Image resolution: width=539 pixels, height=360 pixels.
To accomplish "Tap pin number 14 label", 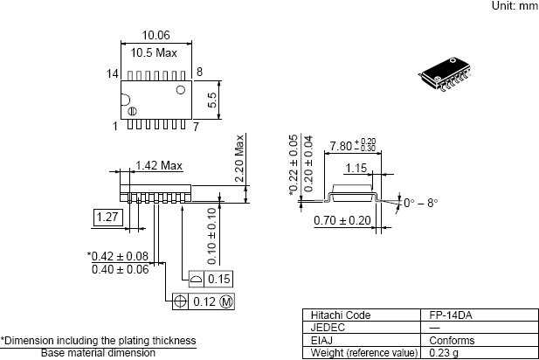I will [x=113, y=73].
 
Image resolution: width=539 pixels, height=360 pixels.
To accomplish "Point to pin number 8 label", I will [x=200, y=72].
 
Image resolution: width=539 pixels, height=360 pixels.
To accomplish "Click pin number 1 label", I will [x=114, y=127].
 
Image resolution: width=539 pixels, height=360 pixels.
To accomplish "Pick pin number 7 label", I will [x=196, y=127].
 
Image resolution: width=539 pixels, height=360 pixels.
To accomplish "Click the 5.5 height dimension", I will [x=212, y=100].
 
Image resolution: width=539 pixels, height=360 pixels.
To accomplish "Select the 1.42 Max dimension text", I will [x=159, y=164].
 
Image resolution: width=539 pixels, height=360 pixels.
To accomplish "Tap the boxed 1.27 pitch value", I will [x=107, y=217].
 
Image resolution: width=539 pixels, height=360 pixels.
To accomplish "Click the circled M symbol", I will [x=225, y=301].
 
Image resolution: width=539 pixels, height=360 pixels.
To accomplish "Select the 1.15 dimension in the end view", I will [x=354, y=167].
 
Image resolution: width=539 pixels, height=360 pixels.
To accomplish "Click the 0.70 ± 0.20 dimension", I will [x=342, y=220].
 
